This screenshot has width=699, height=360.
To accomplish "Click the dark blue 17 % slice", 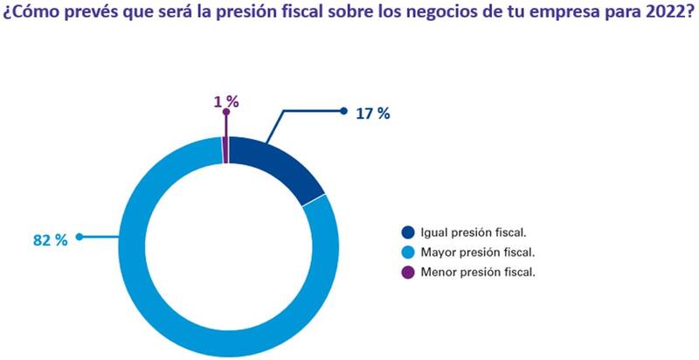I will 280,165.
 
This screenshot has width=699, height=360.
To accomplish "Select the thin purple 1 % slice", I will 225,149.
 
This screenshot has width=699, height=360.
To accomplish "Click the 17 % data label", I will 372,114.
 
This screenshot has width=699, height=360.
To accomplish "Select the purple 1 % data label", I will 225,102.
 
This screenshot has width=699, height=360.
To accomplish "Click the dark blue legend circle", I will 408,232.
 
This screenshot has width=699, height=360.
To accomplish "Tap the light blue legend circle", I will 408,252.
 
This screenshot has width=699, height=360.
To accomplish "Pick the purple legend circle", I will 408,271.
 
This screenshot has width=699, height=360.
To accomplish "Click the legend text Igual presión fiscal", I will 475,232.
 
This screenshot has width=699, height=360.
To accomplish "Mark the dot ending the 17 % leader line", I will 343,111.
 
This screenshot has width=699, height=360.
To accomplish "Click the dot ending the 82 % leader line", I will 79,236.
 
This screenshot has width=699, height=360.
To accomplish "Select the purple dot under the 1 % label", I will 225,113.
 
